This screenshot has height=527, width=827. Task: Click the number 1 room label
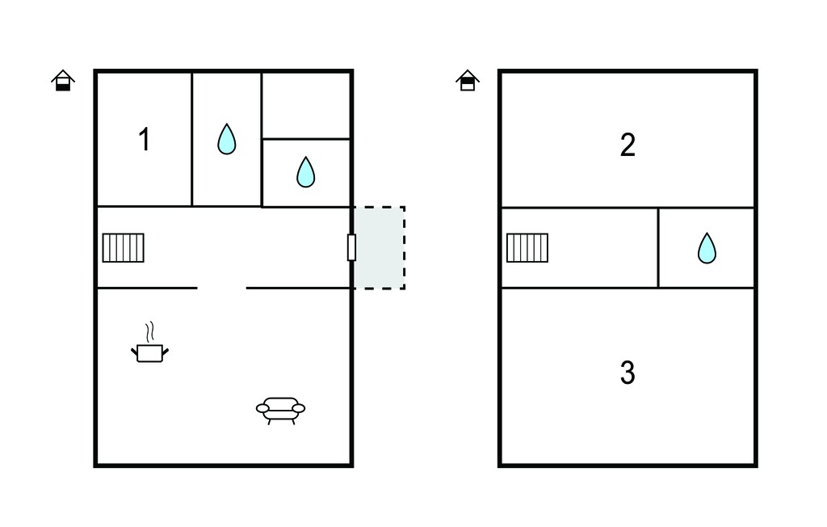click(144, 140)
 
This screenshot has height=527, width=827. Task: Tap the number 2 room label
click(628, 145)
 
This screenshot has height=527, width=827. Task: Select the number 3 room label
click(628, 373)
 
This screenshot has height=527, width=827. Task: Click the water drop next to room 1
click(227, 139)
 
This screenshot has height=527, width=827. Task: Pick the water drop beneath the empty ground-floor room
click(306, 171)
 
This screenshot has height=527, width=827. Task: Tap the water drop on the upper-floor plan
click(707, 247)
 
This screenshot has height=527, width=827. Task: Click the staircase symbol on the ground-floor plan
click(124, 247)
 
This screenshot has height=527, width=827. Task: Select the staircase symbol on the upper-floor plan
click(527, 247)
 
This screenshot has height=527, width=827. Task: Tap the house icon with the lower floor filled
click(63, 81)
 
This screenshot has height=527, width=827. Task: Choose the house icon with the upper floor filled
click(468, 81)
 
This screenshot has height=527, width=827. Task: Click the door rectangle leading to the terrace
click(352, 247)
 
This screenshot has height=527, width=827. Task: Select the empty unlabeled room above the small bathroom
click(306, 106)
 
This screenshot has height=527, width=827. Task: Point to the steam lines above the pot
click(150, 331)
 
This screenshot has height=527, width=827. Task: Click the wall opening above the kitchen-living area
click(221, 288)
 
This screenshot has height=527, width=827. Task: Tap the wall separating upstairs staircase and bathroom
click(658, 247)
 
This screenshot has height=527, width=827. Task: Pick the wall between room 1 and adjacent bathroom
click(192, 139)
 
